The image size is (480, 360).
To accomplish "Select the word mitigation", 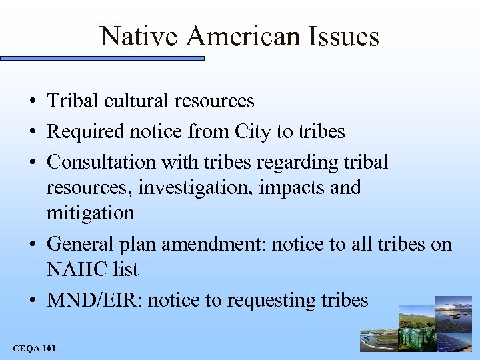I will tap(91, 213).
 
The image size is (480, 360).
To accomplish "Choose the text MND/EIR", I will tap(95, 300).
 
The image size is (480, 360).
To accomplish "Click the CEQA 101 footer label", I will tap(35, 348).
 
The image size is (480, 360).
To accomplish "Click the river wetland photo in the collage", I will tap(377, 340).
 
